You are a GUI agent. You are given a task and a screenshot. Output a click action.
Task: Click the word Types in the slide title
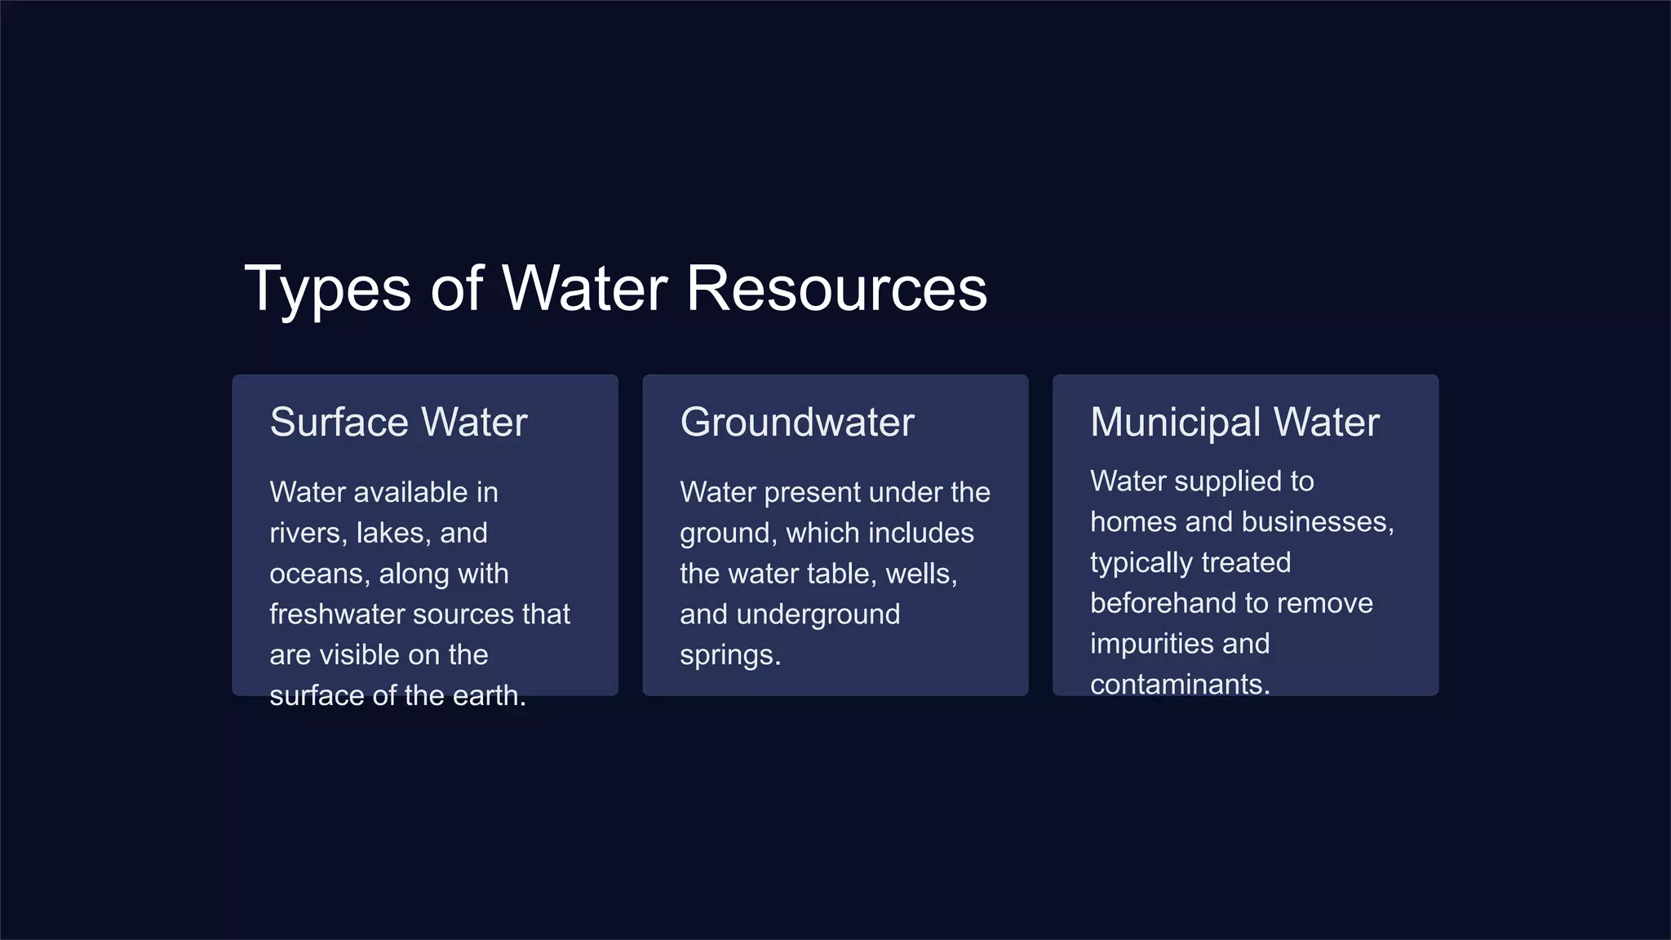(x=327, y=290)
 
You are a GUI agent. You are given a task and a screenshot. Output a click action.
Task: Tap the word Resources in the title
(x=836, y=288)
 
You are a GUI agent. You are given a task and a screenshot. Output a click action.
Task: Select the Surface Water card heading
(x=398, y=422)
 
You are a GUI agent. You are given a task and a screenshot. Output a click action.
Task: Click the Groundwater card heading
(x=797, y=422)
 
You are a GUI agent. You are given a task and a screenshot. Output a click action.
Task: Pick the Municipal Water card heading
(x=1234, y=422)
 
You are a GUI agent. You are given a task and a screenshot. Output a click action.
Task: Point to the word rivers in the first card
(x=304, y=533)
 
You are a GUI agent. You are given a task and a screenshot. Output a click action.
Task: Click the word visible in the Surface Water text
(x=379, y=654)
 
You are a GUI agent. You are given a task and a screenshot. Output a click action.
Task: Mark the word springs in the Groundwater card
(x=729, y=654)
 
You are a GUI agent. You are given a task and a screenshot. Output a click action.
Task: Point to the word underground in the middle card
(x=818, y=614)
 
